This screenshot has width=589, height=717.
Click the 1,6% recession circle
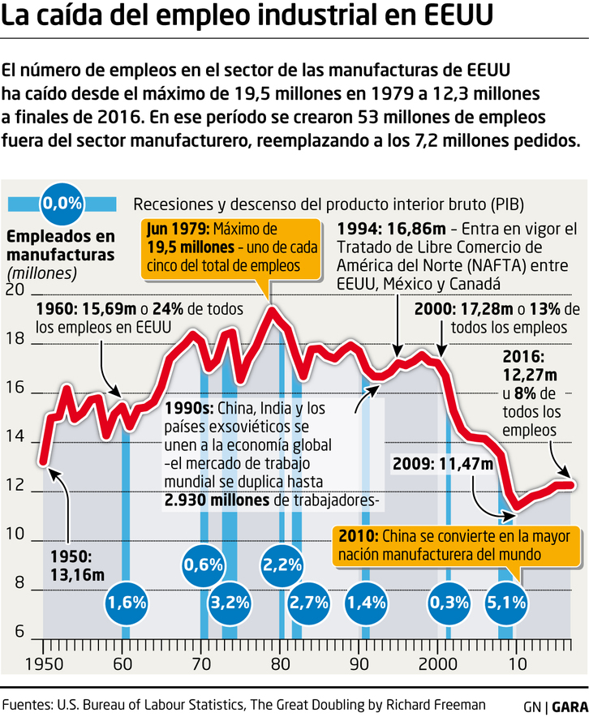pyautogui.click(x=127, y=602)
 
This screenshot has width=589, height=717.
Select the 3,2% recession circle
pyautogui.click(x=230, y=602)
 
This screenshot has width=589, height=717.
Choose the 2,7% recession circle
pyautogui.click(x=309, y=602)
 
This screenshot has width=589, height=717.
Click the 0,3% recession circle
pyautogui.click(x=449, y=602)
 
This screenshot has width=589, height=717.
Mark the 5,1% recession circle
pyautogui.click(x=507, y=602)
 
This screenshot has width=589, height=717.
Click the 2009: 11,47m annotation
pyautogui.click(x=442, y=464)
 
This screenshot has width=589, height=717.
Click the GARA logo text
pyautogui.click(x=568, y=706)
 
